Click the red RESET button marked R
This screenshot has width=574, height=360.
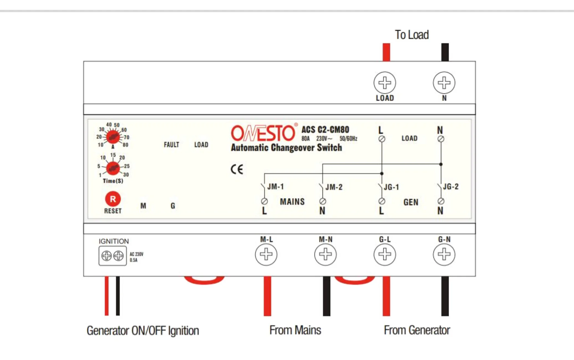[113, 199]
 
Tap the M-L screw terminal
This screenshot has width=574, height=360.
[266, 254]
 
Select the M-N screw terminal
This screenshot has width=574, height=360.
[326, 254]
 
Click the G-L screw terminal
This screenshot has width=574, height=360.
[385, 254]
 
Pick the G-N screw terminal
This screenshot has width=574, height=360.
[444, 254]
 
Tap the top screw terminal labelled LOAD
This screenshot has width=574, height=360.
[385, 83]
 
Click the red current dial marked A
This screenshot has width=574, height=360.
[113, 136]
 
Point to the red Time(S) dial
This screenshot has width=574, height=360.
[113, 168]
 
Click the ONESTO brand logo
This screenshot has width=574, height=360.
[263, 133]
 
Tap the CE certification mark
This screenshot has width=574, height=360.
[237, 169]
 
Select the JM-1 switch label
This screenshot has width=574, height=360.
[275, 187]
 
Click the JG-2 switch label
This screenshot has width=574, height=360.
[451, 187]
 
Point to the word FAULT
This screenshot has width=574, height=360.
[171, 145]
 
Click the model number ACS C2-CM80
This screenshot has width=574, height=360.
[325, 129]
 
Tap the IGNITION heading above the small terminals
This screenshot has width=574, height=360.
[114, 241]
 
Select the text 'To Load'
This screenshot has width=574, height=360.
[412, 35]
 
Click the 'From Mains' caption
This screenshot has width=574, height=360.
[295, 330]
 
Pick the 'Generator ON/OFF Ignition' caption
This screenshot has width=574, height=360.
[143, 331]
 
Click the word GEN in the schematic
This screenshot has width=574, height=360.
[411, 202]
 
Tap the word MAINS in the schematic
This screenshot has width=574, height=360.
[292, 202]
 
